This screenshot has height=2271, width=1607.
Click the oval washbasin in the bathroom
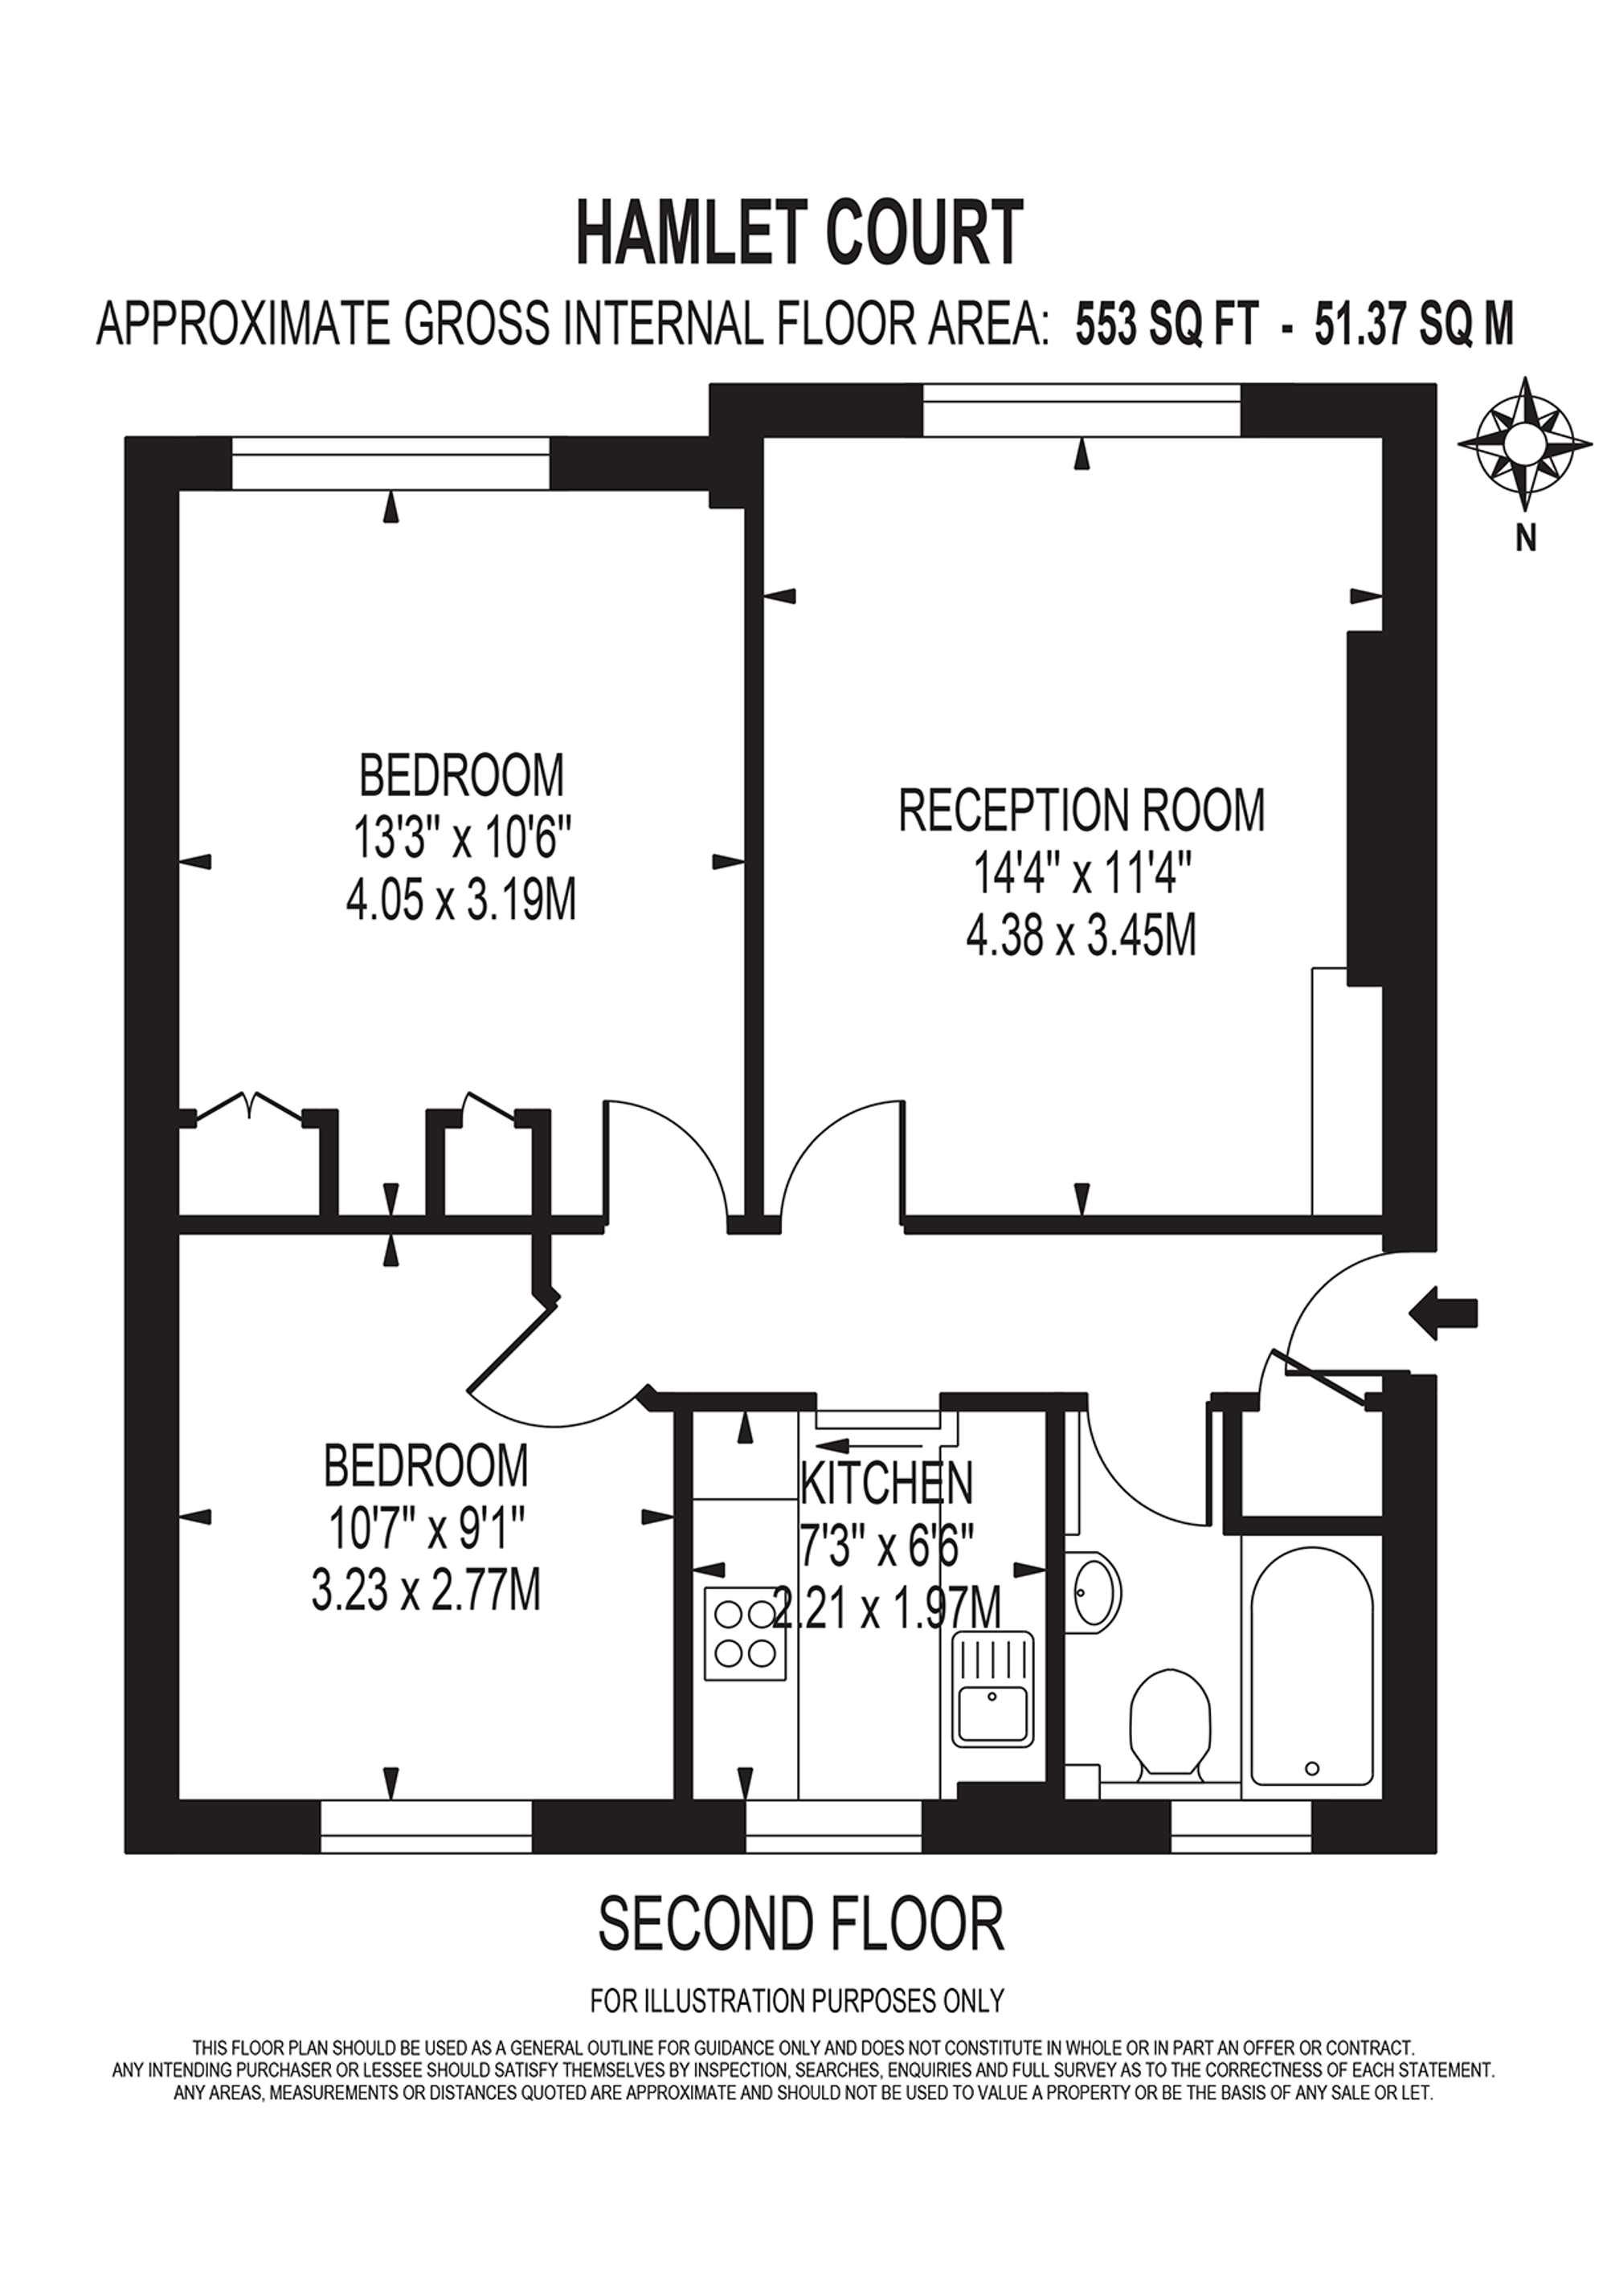[x=1098, y=1592]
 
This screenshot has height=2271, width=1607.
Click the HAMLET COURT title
[x=799, y=232]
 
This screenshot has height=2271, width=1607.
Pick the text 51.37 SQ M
[x=1414, y=325]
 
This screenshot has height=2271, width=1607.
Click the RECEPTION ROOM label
[x=1082, y=810]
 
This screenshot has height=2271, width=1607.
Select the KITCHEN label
[x=886, y=1481]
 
